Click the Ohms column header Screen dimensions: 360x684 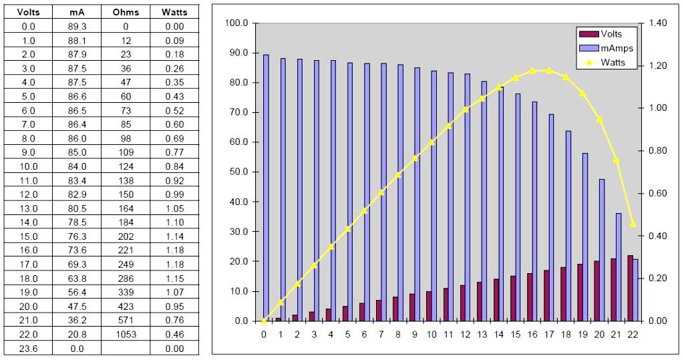tap(126, 12)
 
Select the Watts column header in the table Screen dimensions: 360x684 tap(174, 12)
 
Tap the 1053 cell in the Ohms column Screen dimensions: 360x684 tap(126, 335)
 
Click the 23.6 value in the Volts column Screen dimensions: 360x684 tap(29, 349)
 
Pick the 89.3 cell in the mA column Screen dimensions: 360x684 tap(77, 26)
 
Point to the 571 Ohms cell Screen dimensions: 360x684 tap(126, 321)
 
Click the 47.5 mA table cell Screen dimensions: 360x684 tap(77, 307)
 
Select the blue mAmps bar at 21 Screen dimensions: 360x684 tap(619, 267)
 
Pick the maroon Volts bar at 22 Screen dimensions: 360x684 tap(630, 288)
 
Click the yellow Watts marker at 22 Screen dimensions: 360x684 tap(633, 224)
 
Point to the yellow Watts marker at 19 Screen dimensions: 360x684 tap(582, 94)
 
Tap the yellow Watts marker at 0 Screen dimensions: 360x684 tap(264, 321)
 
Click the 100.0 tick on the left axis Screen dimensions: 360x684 tap(238, 23)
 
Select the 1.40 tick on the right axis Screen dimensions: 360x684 tap(658, 23)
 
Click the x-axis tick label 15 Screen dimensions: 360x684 tap(515, 334)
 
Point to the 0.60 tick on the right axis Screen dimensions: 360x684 tap(658, 194)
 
